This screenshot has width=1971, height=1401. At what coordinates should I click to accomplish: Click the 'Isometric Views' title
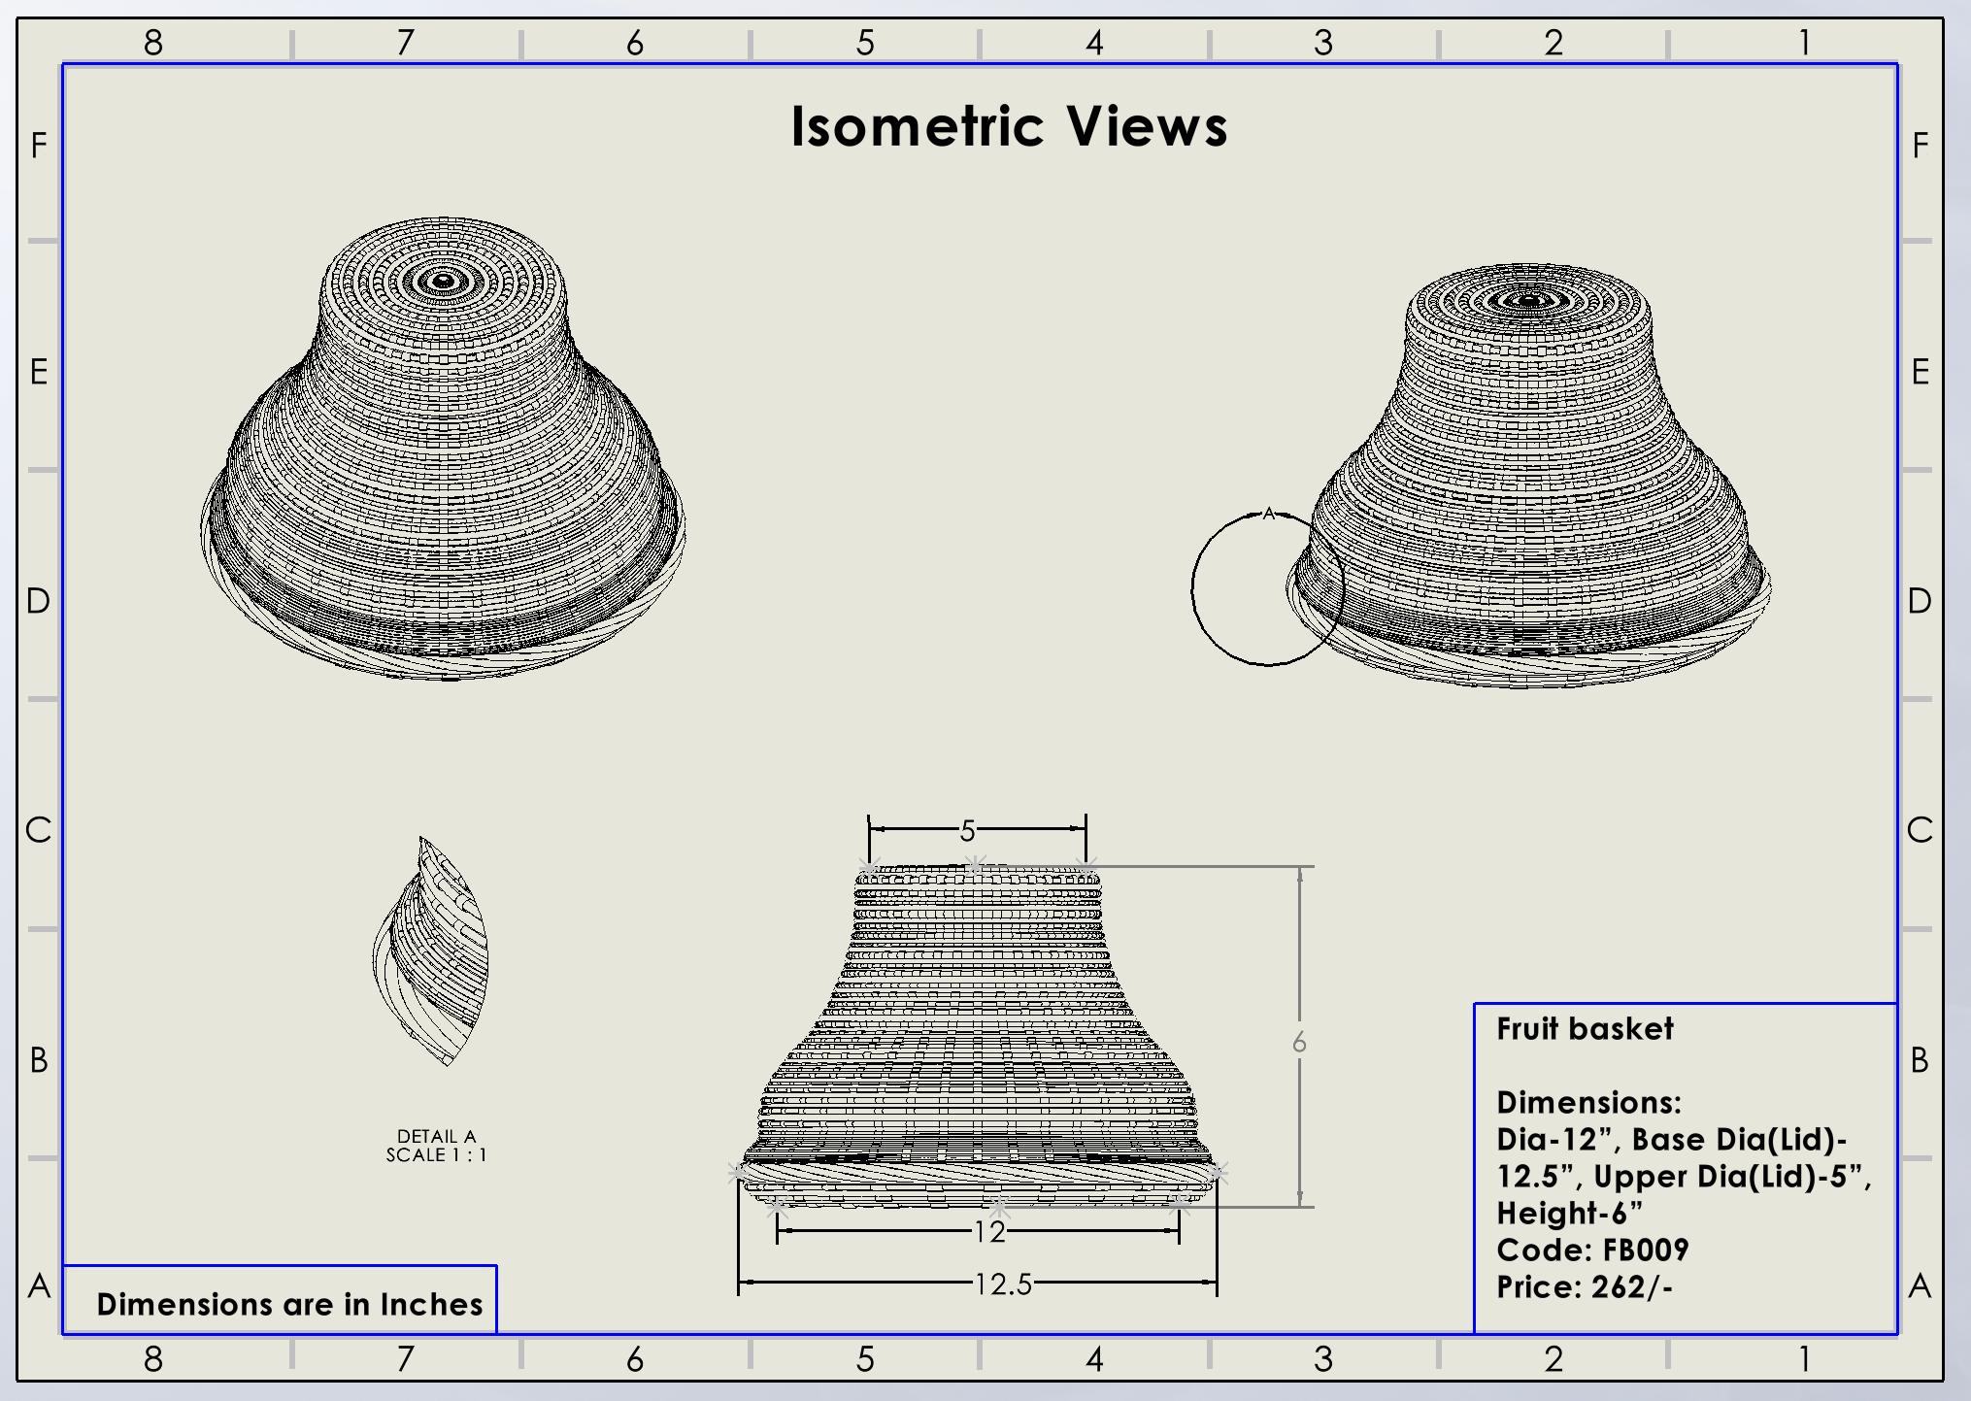point(1009,127)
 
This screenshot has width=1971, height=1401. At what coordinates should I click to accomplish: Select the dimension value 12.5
point(1003,1284)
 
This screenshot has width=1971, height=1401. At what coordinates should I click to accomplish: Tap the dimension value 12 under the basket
point(989,1232)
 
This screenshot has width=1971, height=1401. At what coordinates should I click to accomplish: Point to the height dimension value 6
point(1299,1043)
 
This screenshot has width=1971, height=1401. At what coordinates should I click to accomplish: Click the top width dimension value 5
point(967,831)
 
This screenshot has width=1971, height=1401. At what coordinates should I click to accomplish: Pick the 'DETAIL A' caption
point(436,1136)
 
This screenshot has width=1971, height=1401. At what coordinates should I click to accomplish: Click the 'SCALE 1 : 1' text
point(436,1155)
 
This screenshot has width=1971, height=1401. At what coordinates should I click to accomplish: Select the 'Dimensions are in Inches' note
point(289,1304)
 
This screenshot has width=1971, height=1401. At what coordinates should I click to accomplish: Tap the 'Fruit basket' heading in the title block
point(1585,1028)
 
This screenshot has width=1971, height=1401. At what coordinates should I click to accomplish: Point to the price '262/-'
point(1632,1286)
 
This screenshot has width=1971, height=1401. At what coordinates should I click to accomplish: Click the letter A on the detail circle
point(1268,514)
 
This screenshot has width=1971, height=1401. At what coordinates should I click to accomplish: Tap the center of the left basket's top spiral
point(444,282)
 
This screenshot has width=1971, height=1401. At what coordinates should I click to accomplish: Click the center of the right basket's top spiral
point(1528,300)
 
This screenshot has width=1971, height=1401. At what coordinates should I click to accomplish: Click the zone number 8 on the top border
point(153,43)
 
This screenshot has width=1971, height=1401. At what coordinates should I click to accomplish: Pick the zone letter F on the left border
point(39,146)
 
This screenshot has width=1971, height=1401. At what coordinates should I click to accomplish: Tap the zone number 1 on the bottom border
point(1804,1358)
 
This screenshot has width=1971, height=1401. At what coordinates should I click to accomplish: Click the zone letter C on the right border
point(1920,830)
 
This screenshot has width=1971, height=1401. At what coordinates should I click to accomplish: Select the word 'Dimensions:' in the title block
point(1588,1102)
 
